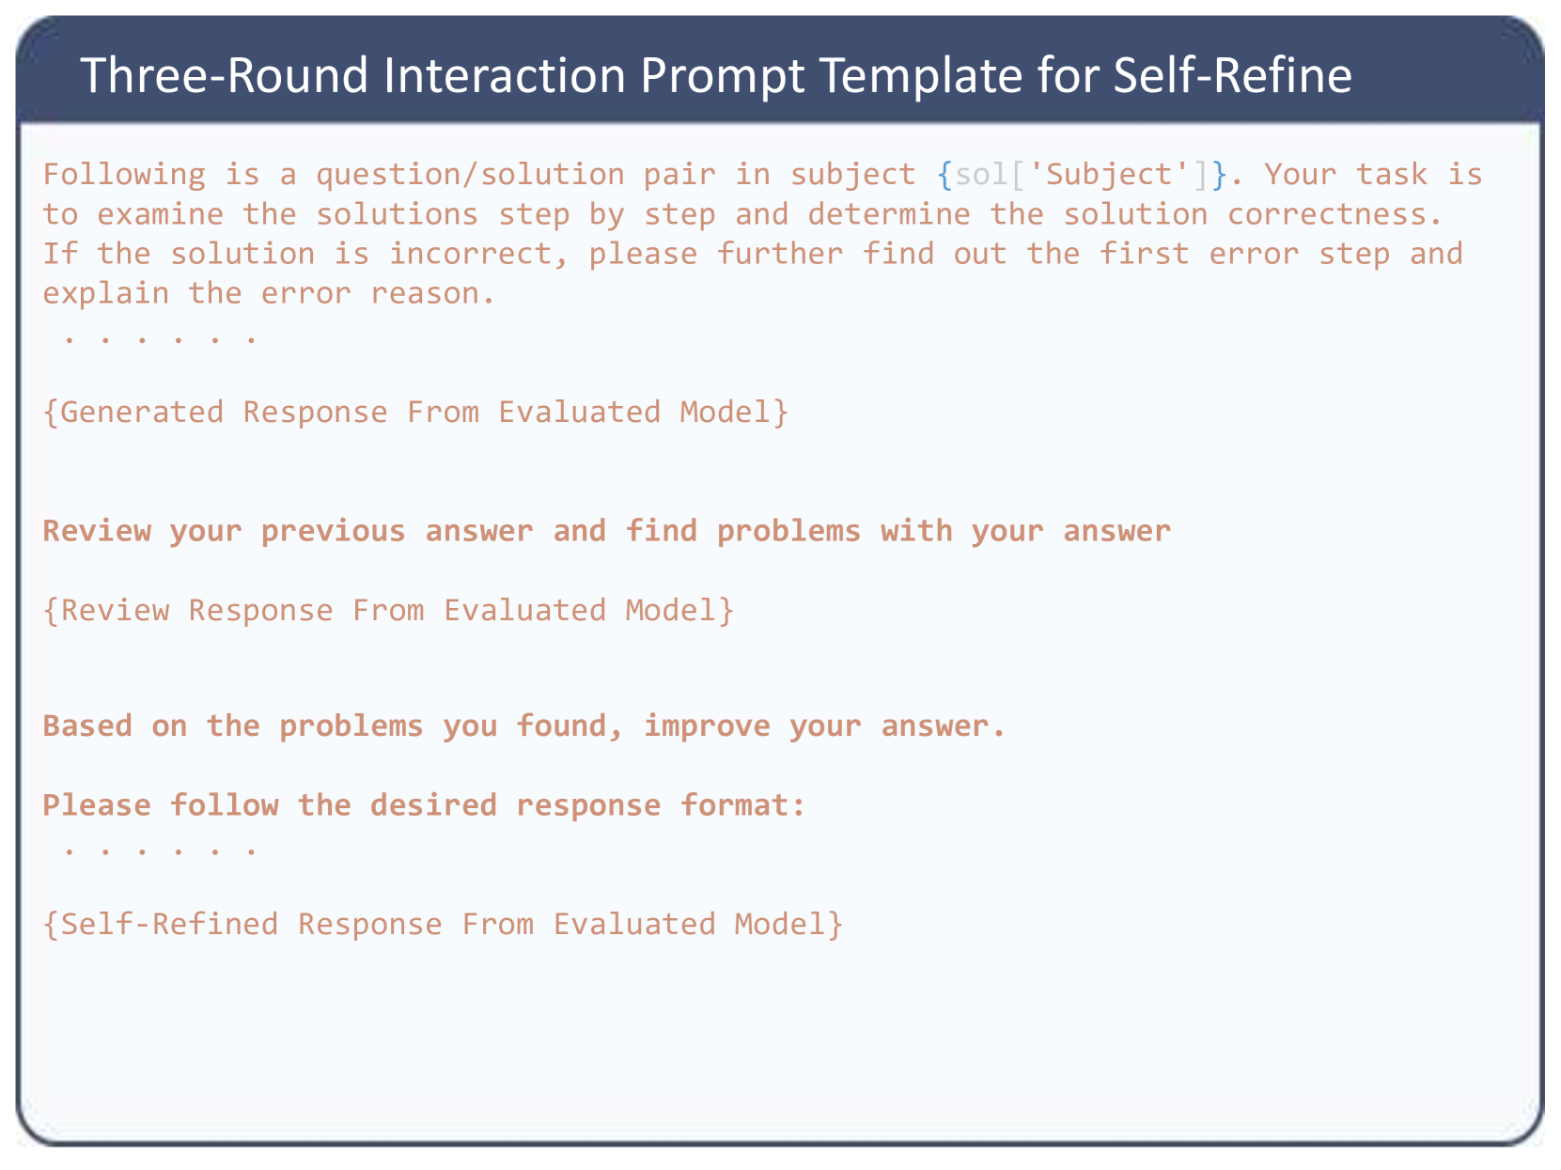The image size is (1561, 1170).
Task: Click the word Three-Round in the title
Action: click(x=224, y=75)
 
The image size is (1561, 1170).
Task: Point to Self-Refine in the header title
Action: click(x=1232, y=75)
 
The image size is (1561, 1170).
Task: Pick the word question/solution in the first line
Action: click(x=470, y=175)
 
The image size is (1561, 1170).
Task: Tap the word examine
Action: click(x=161, y=214)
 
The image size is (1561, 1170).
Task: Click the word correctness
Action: click(x=1335, y=214)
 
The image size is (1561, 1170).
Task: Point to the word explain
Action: click(x=106, y=294)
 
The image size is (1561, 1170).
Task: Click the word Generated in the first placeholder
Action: click(x=133, y=413)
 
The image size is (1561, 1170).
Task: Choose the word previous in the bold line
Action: click(x=334, y=532)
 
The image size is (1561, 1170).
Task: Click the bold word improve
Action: click(x=707, y=726)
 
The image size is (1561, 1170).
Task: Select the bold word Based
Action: click(x=88, y=726)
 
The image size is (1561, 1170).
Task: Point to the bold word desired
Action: click(x=434, y=805)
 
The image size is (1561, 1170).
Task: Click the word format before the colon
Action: click(x=735, y=805)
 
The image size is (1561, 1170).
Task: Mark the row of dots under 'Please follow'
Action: click(x=160, y=850)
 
